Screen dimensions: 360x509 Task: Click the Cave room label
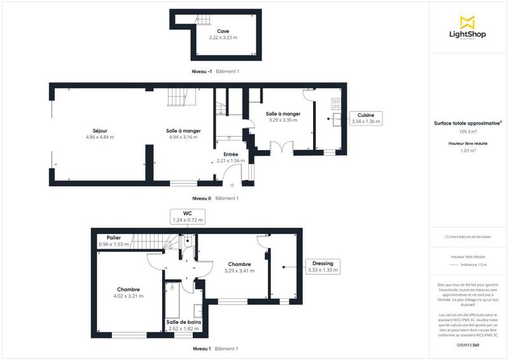tap(223, 31)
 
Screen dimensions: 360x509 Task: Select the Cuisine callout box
tap(365, 118)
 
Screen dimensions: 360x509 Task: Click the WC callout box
tap(188, 216)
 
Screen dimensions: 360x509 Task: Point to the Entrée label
tap(231, 155)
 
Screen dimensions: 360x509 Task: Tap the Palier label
tap(114, 238)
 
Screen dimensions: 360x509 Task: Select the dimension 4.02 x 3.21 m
tap(128, 296)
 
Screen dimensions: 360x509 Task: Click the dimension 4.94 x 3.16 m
tap(184, 137)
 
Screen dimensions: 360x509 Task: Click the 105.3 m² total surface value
tap(468, 132)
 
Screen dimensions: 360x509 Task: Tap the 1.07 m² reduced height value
tap(468, 151)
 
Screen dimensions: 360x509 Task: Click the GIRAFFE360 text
tap(468, 344)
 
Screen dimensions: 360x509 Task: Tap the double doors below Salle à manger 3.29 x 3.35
tap(281, 148)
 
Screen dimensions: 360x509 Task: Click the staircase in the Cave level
tap(183, 20)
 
